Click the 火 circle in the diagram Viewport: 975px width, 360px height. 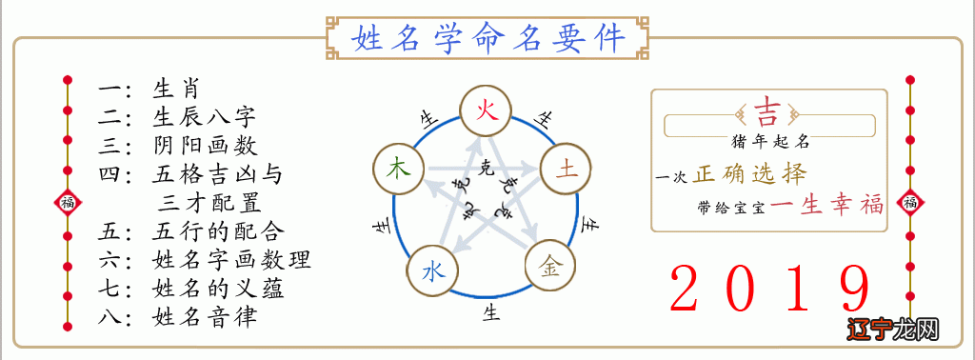[x=486, y=110]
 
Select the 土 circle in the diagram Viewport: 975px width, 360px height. [x=566, y=170]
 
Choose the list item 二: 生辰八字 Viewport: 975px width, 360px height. [x=177, y=119]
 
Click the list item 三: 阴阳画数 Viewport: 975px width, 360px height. [x=177, y=147]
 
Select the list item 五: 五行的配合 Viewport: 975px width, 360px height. [x=191, y=231]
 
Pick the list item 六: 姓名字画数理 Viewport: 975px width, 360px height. [x=205, y=260]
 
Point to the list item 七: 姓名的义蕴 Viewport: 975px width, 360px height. [x=190, y=288]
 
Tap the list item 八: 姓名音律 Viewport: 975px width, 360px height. [x=177, y=316]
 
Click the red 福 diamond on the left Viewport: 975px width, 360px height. [x=67, y=202]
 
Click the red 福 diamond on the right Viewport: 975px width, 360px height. [x=909, y=202]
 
